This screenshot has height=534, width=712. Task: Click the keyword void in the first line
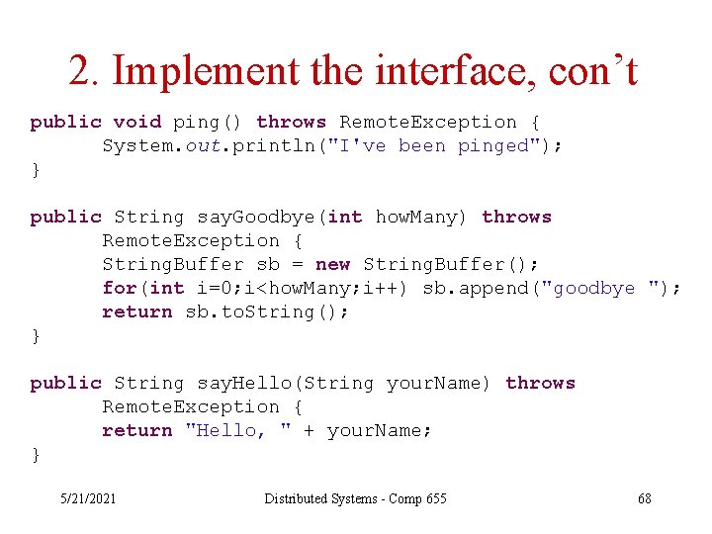point(136,122)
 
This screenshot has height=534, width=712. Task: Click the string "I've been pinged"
point(464,145)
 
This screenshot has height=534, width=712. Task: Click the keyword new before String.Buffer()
point(332,264)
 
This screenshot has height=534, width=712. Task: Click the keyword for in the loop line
point(120,288)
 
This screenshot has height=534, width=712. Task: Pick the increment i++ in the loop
point(386,288)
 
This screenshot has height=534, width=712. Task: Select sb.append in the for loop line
point(470,288)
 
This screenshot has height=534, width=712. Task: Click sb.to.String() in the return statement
point(267,311)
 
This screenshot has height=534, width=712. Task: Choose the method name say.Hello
point(247,383)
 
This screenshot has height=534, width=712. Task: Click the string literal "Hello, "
point(237,430)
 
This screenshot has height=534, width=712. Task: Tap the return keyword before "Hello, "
point(136,430)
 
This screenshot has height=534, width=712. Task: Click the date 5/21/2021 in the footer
point(87,498)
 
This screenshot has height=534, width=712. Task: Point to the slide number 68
point(645,498)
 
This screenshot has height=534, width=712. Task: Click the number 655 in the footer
point(435,498)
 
